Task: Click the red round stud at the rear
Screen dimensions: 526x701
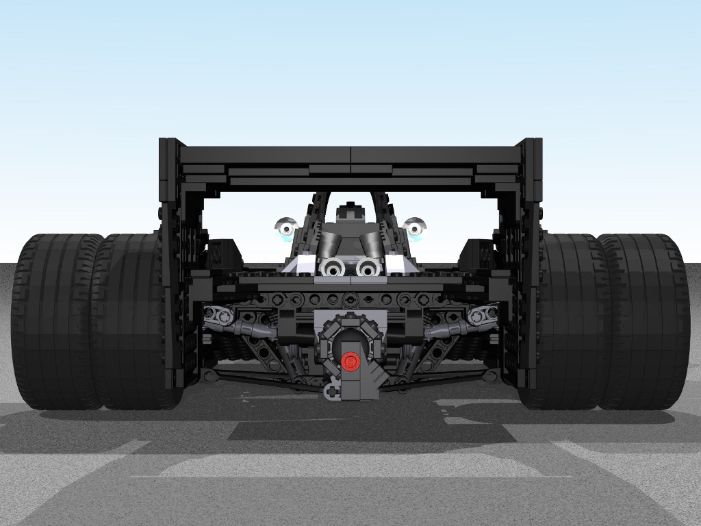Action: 350,361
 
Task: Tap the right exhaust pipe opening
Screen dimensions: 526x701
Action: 368,268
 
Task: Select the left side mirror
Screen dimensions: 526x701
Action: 287,227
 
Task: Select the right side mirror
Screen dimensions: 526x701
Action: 414,227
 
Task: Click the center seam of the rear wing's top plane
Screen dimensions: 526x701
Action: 350,155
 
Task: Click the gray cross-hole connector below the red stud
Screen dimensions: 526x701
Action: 332,391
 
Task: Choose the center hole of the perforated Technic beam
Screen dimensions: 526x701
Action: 350,299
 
